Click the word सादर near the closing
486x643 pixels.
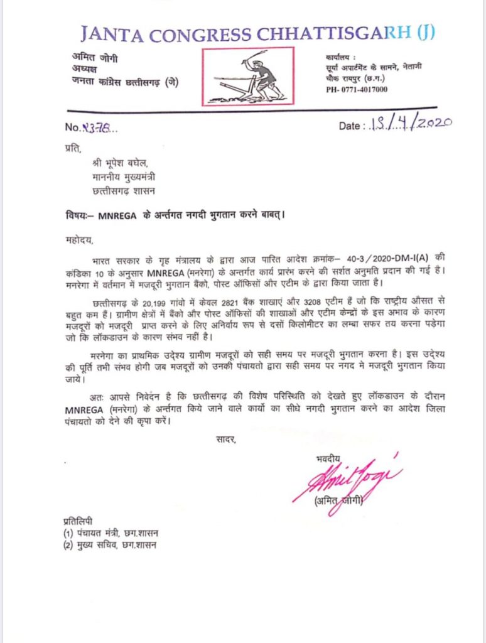[x=224, y=440]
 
